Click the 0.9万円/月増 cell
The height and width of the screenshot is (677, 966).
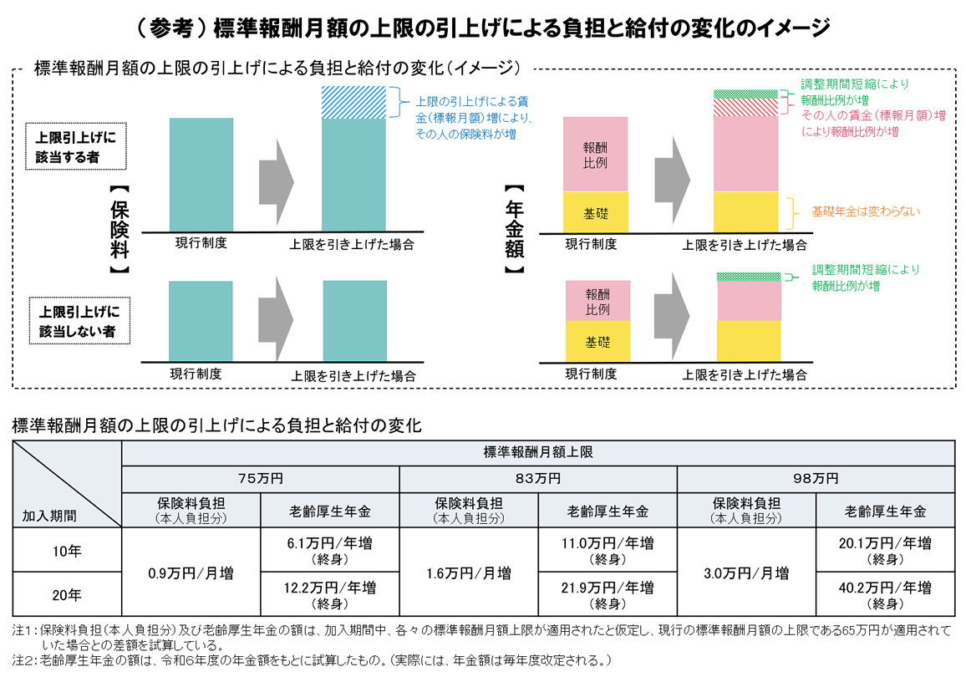pyautogui.click(x=191, y=573)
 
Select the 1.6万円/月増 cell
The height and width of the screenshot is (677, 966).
pyautogui.click(x=469, y=573)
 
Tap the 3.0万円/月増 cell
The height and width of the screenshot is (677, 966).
pyautogui.click(x=746, y=573)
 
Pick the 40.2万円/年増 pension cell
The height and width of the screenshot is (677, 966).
pyautogui.click(x=885, y=594)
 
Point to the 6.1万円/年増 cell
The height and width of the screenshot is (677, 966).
pyautogui.click(x=330, y=551)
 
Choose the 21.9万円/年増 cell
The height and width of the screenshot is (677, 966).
pyautogui.click(x=608, y=594)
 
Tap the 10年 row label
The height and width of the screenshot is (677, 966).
pyautogui.click(x=67, y=552)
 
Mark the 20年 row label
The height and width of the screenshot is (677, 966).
pyautogui.click(x=67, y=595)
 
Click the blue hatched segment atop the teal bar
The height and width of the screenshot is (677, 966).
pyautogui.click(x=353, y=102)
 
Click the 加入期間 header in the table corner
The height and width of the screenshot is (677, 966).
pyautogui.click(x=49, y=515)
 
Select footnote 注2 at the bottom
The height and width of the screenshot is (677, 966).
pyautogui.click(x=318, y=660)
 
